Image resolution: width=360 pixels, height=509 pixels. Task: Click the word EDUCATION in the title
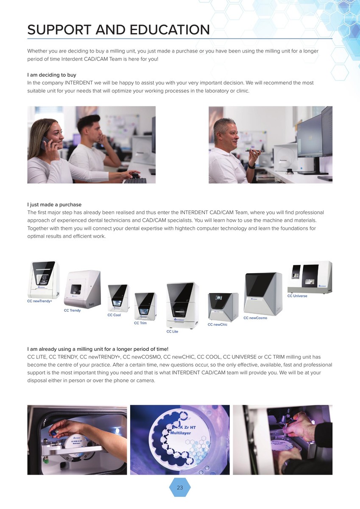point(170,30)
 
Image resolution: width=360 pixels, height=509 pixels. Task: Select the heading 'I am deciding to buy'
point(52,75)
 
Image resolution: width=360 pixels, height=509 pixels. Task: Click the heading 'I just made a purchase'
point(54,204)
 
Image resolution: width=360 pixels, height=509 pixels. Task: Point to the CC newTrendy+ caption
point(39,301)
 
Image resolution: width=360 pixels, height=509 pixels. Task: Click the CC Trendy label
point(72,310)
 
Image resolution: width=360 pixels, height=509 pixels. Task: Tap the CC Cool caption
point(114,315)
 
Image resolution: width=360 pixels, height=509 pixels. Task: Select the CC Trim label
point(140,323)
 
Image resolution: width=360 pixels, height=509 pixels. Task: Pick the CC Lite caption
point(172,332)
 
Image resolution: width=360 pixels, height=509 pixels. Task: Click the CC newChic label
point(218,324)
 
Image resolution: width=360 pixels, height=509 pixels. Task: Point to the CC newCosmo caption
point(255,318)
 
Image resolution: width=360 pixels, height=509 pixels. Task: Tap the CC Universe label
point(297,296)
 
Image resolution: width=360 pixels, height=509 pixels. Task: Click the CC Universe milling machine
point(310,277)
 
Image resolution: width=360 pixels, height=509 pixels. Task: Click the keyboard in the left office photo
point(135,181)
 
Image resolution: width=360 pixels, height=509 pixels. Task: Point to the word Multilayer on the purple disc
point(181,433)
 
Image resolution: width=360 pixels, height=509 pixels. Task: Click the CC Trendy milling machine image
point(82,288)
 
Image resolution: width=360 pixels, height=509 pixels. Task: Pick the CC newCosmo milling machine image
point(263,294)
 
